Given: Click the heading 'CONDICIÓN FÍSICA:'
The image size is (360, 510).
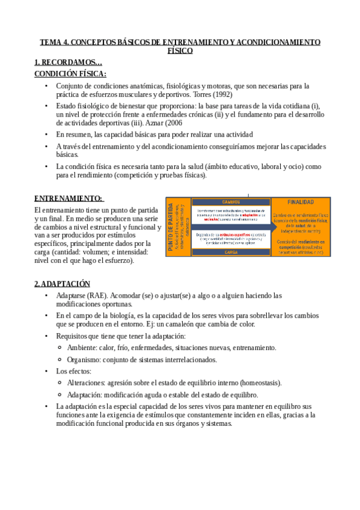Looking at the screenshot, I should tap(70, 74).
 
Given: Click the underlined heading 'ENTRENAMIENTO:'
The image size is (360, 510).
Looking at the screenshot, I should tap(68, 198).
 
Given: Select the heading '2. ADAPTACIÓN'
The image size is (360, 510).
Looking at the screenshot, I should tap(62, 284).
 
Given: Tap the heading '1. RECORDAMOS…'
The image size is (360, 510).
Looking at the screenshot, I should tap(69, 62).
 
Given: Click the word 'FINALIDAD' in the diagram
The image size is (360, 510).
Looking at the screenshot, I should tap(300, 203).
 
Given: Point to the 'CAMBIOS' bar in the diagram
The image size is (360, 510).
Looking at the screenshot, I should tap(231, 202).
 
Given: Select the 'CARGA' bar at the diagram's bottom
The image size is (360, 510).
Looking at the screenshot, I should tap(231, 253).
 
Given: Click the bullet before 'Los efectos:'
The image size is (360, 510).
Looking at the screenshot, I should tap(47, 371).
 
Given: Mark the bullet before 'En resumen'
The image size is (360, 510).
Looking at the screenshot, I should tap(47, 134).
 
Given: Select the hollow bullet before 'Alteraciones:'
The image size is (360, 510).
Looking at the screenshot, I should tap(59, 382).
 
